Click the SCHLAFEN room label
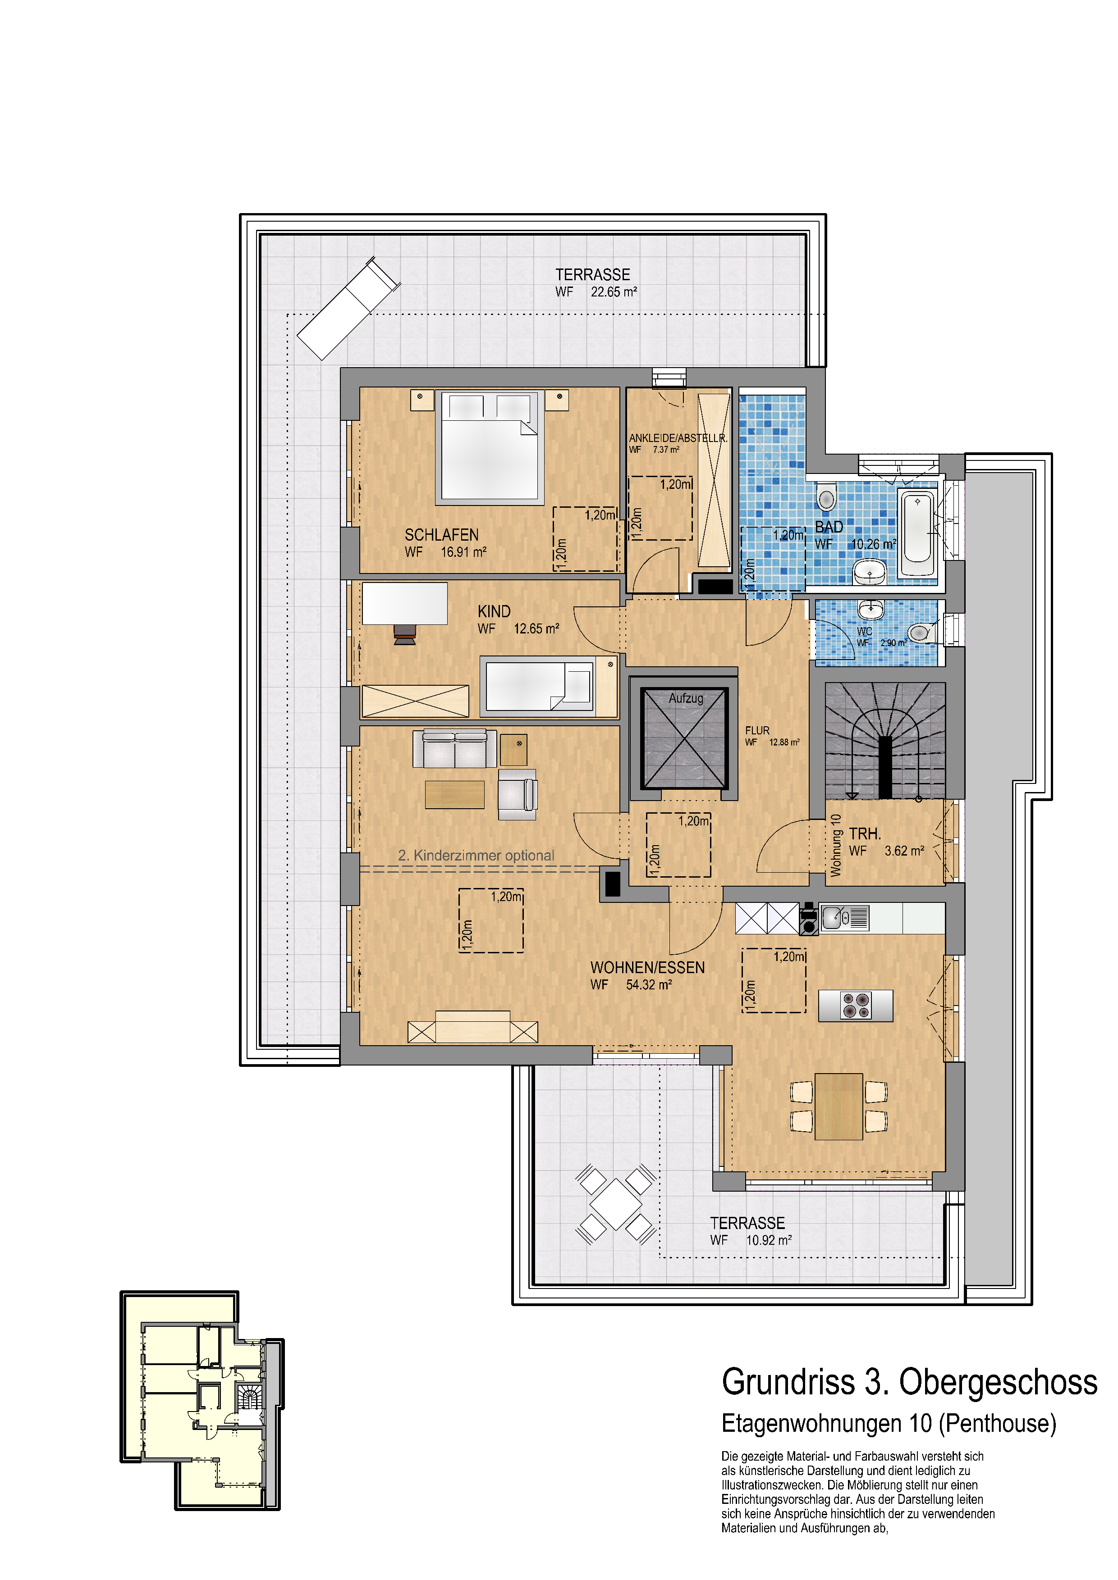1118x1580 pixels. (x=441, y=535)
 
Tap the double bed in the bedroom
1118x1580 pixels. (x=490, y=447)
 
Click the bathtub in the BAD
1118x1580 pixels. (x=918, y=533)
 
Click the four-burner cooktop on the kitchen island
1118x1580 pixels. (x=856, y=1006)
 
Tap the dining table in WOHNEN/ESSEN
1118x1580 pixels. (x=838, y=1106)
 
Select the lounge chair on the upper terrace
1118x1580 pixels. (x=348, y=309)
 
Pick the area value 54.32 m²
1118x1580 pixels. (x=649, y=985)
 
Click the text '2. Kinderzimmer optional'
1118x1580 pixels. (x=476, y=856)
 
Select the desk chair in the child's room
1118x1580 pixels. (x=405, y=634)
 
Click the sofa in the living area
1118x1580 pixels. (x=454, y=749)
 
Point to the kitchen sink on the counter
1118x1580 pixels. (x=833, y=917)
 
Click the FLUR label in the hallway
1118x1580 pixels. (x=757, y=730)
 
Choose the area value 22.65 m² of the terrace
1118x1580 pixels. (x=614, y=292)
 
